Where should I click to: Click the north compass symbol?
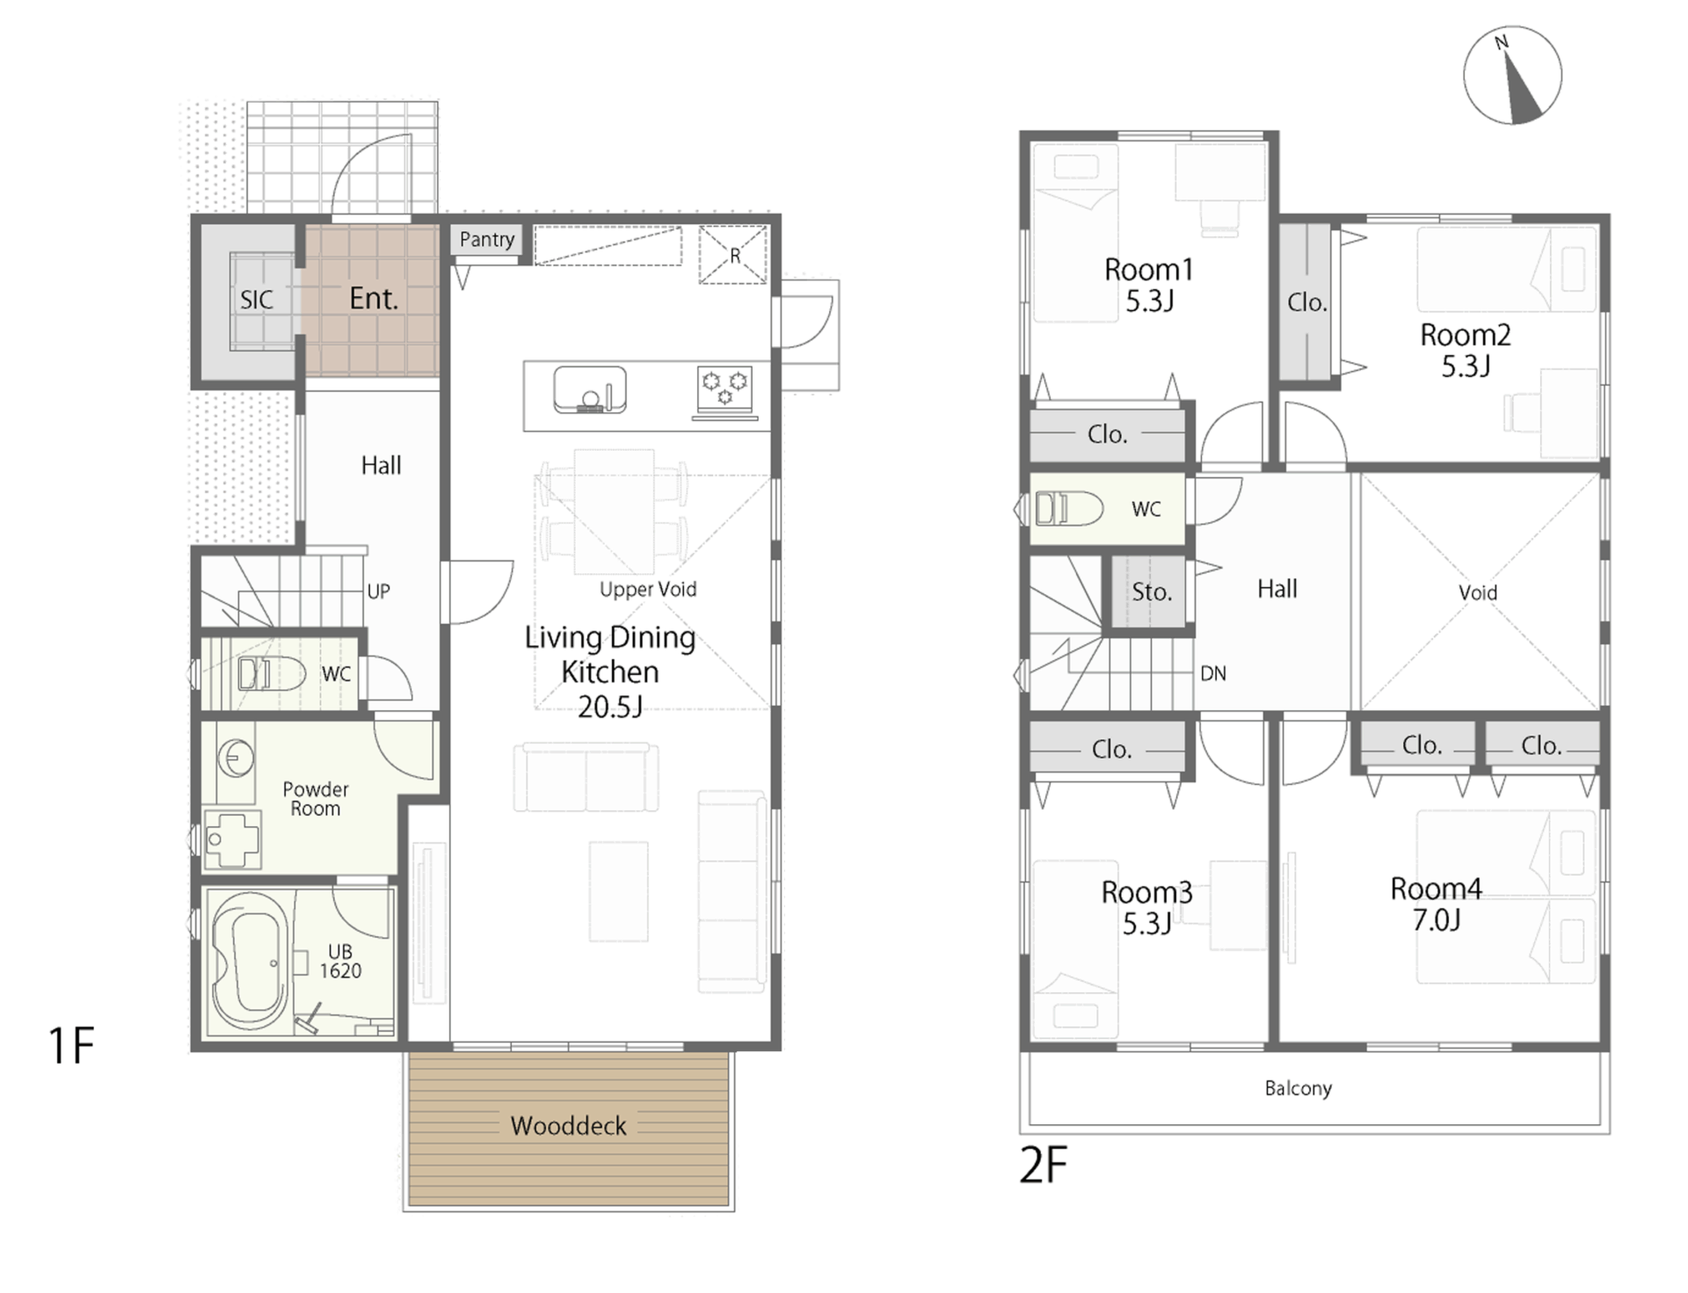coord(1512,76)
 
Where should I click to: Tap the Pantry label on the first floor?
coord(487,239)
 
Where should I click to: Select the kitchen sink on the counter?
coord(590,390)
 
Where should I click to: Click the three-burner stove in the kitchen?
coord(725,389)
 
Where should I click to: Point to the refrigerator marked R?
coord(733,255)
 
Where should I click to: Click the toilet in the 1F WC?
coord(271,674)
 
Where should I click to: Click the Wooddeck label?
coord(568,1126)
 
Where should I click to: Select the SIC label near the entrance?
coord(257,300)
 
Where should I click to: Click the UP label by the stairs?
coord(378,592)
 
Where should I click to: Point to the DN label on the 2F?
coord(1213,673)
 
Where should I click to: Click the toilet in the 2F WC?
coord(1069,508)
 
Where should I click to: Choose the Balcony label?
coord(1298,1088)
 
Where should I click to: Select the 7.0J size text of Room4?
coord(1437,920)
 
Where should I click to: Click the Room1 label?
coord(1149,269)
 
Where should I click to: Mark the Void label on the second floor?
coord(1478,592)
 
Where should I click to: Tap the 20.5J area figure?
coord(610,706)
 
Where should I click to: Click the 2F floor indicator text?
coord(1043,1166)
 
